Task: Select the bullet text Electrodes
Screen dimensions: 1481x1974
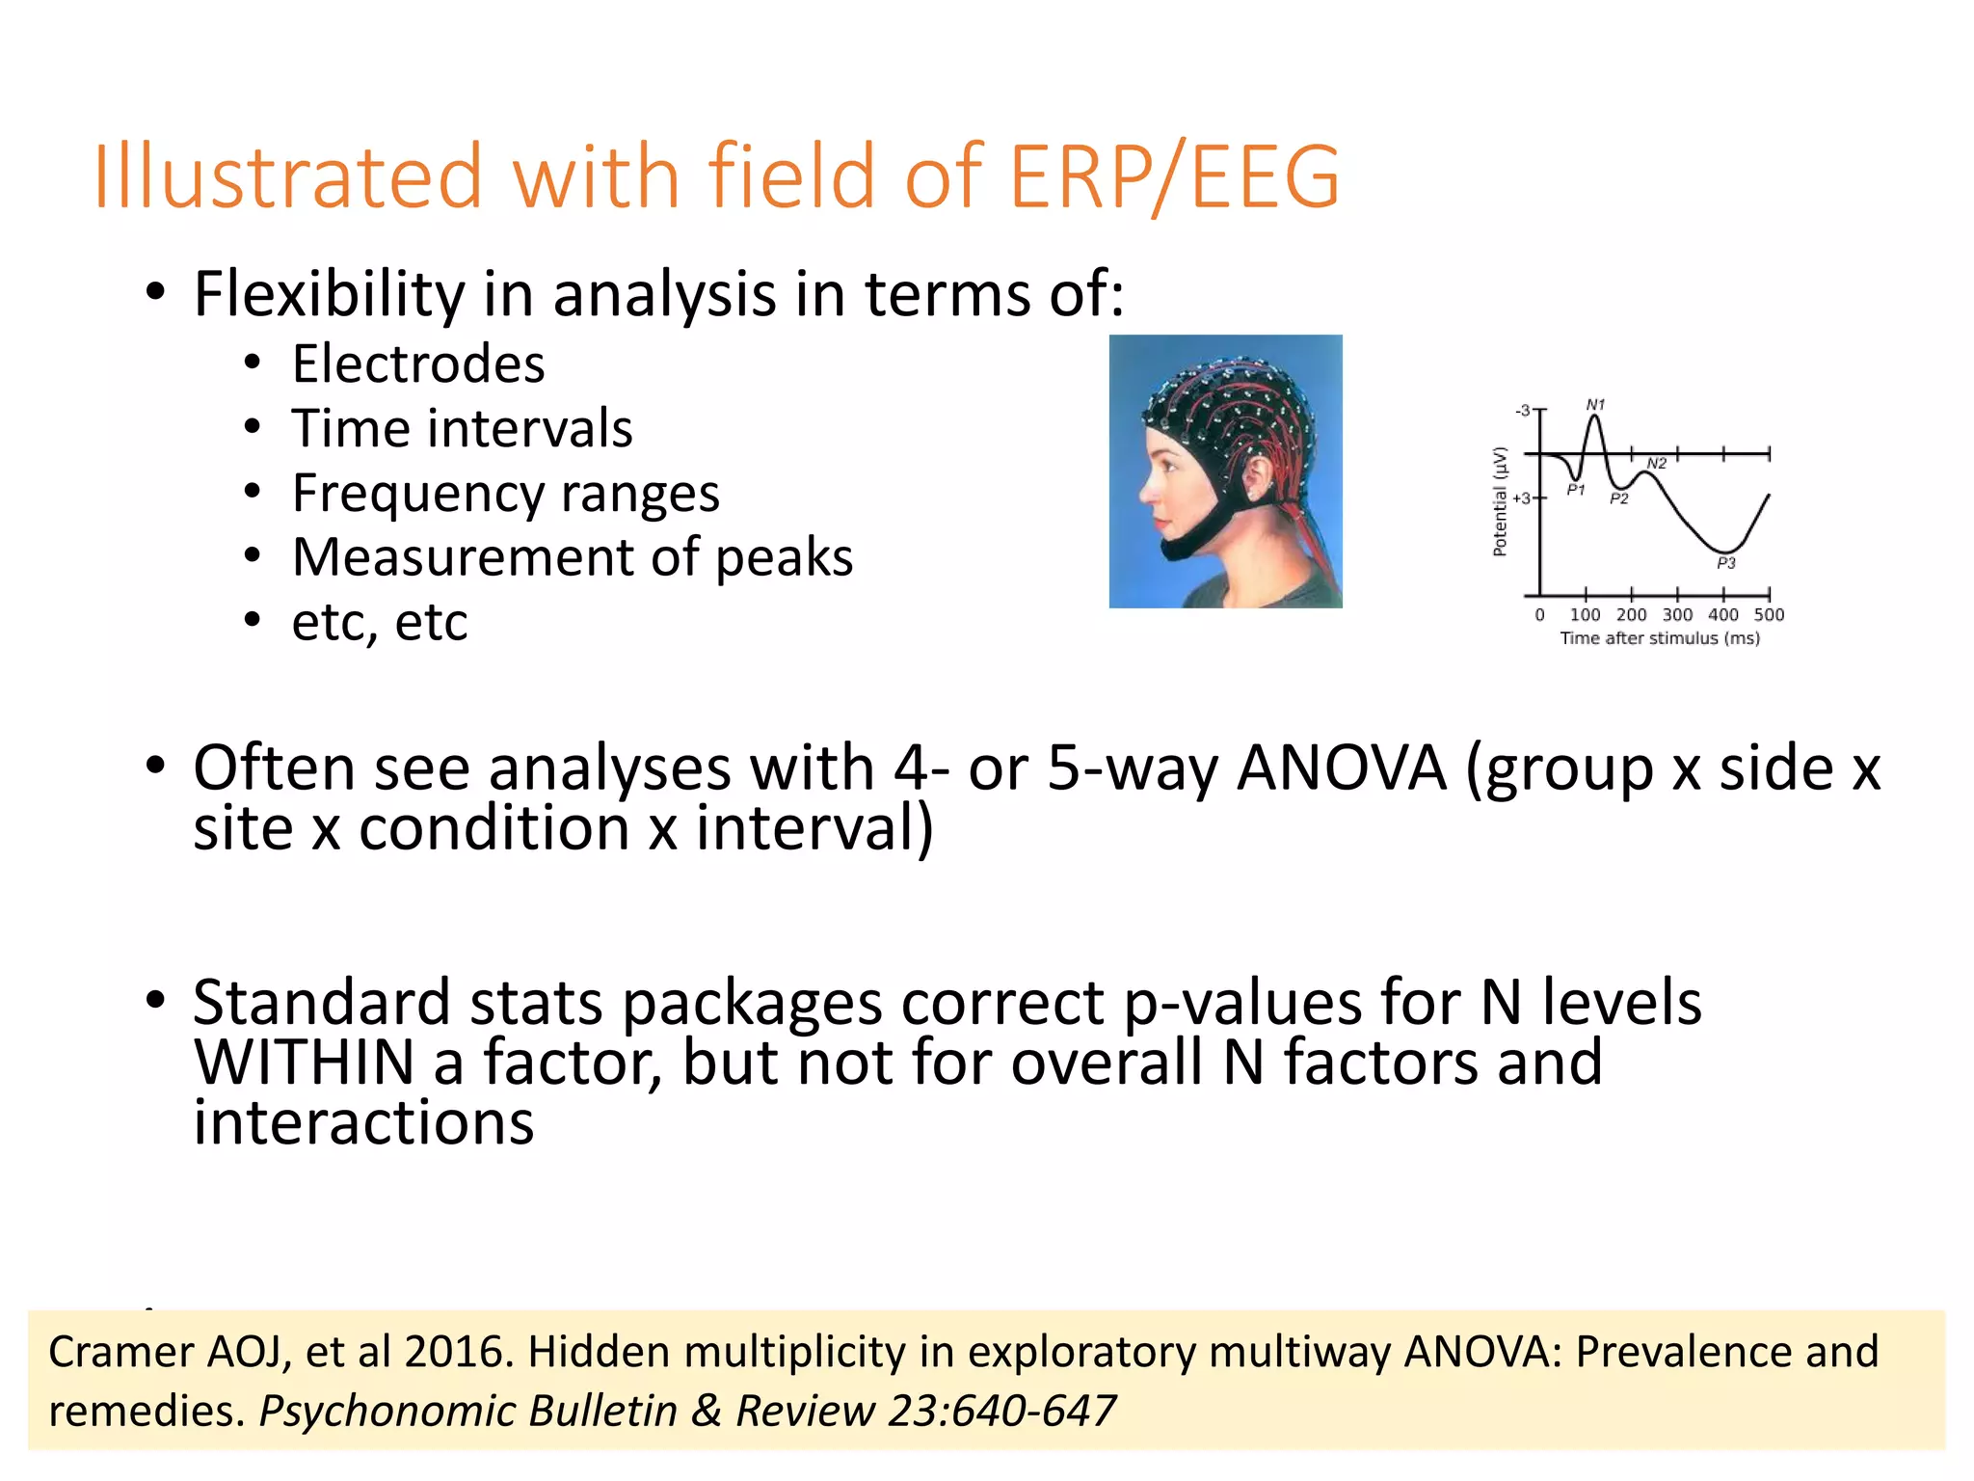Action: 418,364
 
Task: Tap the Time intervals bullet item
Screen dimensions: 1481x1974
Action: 462,429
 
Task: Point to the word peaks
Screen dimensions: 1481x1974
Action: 784,557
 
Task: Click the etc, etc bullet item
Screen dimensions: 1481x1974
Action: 380,622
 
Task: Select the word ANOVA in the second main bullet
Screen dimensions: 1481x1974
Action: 1341,768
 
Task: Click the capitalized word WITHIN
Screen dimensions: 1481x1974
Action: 304,1063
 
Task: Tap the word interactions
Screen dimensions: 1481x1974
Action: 363,1123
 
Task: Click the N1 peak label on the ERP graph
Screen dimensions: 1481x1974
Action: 1595,405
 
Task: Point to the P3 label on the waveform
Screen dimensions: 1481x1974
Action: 1725,563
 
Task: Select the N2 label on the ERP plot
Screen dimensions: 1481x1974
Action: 1656,464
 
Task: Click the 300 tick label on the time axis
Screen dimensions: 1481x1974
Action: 1677,615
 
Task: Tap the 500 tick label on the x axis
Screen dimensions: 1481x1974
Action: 1769,615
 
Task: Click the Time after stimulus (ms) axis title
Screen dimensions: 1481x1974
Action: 1660,638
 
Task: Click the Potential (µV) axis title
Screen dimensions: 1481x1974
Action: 1500,501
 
